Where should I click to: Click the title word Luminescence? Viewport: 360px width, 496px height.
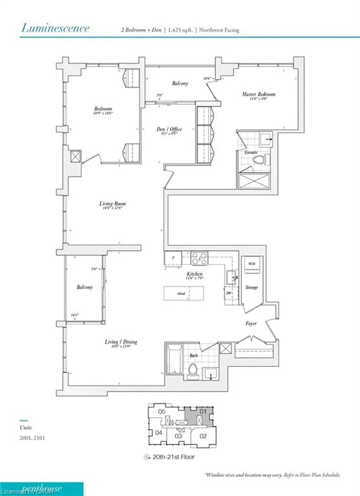[x=56, y=28]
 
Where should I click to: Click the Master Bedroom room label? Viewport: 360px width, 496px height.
[x=259, y=95]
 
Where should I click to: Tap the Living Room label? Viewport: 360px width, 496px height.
[x=111, y=204]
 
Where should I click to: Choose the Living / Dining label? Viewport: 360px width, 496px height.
[x=121, y=342]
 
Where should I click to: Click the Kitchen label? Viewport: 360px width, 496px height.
[x=195, y=274]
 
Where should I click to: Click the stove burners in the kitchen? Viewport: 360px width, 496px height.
[x=199, y=258]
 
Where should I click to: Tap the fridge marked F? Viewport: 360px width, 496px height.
[x=173, y=258]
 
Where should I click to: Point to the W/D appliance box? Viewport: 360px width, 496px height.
[x=251, y=264]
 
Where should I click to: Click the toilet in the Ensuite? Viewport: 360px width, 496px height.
[x=259, y=159]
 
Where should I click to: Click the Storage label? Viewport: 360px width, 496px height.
[x=251, y=287]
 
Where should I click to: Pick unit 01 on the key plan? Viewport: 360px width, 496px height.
[x=202, y=411]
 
